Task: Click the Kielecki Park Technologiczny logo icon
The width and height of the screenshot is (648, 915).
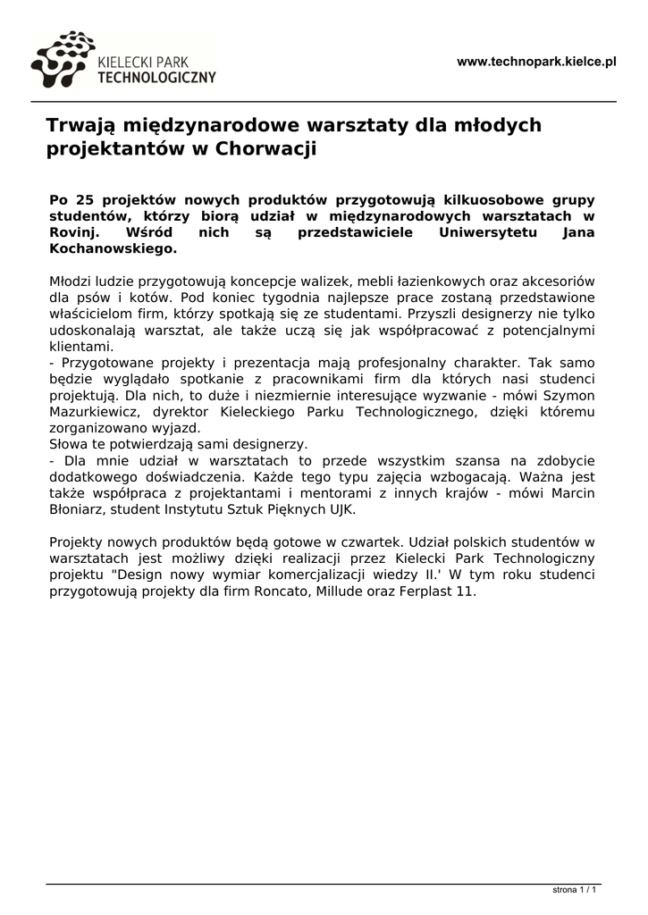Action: pos(61,61)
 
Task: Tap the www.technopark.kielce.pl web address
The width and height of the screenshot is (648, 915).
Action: pos(536,62)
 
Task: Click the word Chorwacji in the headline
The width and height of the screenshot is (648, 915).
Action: pos(266,148)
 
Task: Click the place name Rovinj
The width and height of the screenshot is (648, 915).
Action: pos(72,232)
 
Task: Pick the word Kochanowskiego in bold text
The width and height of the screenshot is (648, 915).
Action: pos(113,248)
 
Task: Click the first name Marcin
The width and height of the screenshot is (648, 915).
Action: pos(572,493)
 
